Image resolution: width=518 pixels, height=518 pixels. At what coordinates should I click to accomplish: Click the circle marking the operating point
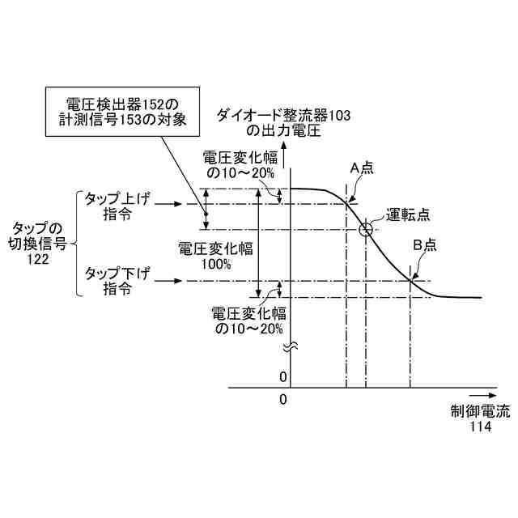[366, 229]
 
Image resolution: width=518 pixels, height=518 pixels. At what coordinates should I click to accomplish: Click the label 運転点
[407, 214]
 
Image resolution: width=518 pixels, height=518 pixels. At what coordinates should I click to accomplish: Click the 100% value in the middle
[217, 264]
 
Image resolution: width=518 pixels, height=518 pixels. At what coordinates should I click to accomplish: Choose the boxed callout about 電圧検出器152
[129, 112]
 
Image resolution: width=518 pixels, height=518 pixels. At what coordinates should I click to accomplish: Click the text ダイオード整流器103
[282, 115]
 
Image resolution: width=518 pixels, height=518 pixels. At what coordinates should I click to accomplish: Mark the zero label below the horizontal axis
[283, 400]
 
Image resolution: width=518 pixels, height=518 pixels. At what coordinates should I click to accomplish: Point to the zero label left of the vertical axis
[283, 377]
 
